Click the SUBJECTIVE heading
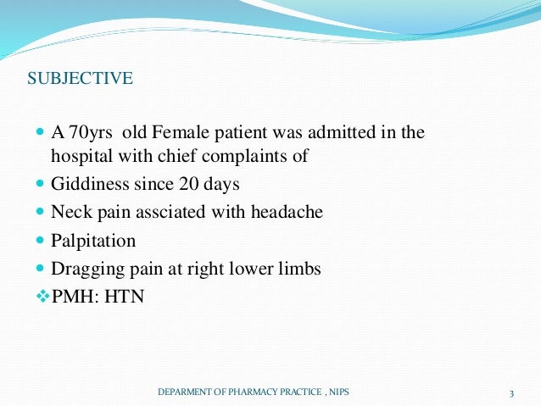(80, 80)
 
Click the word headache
(288, 212)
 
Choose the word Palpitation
(93, 241)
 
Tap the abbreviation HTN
(123, 297)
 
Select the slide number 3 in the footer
(512, 392)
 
